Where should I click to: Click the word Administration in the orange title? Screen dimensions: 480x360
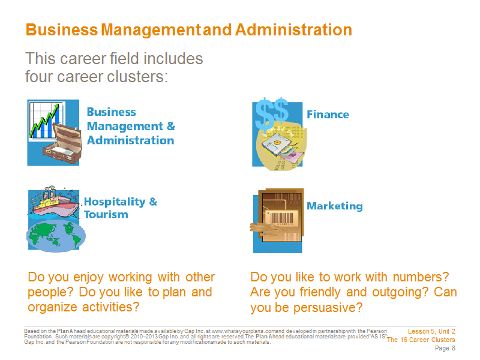pyautogui.click(x=293, y=29)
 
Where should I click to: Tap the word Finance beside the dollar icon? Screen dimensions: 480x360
pyautogui.click(x=328, y=115)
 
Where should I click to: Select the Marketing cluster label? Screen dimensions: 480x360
pyautogui.click(x=335, y=206)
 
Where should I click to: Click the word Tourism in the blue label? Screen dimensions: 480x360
pyautogui.click(x=106, y=214)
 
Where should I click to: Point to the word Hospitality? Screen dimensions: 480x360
pyautogui.click(x=115, y=202)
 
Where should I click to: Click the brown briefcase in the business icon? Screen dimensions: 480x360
pyautogui.click(x=62, y=143)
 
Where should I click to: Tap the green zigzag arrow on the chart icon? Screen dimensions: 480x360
pyautogui.click(x=44, y=121)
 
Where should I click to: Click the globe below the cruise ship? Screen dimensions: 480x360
pyautogui.click(x=56, y=236)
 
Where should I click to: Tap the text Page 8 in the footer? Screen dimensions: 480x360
pyautogui.click(x=445, y=348)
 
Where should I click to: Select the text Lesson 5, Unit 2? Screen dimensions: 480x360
pyautogui.click(x=431, y=331)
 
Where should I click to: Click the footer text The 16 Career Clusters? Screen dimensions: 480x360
pyautogui.click(x=421, y=340)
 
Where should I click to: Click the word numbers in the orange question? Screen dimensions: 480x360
pyautogui.click(x=421, y=277)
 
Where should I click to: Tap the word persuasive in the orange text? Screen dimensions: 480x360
pyautogui.click(x=328, y=308)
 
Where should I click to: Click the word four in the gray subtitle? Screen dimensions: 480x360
pyautogui.click(x=38, y=77)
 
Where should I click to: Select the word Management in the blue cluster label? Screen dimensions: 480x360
pyautogui.click(x=125, y=127)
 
